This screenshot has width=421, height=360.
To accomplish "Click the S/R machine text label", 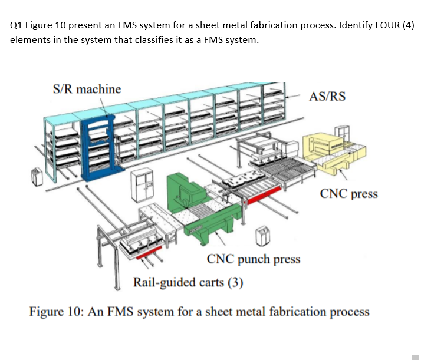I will click(87, 90).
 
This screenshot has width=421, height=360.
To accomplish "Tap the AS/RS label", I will click(327, 97).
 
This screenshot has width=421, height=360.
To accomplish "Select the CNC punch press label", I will click(254, 259).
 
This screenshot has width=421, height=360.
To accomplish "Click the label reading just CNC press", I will click(348, 193).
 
